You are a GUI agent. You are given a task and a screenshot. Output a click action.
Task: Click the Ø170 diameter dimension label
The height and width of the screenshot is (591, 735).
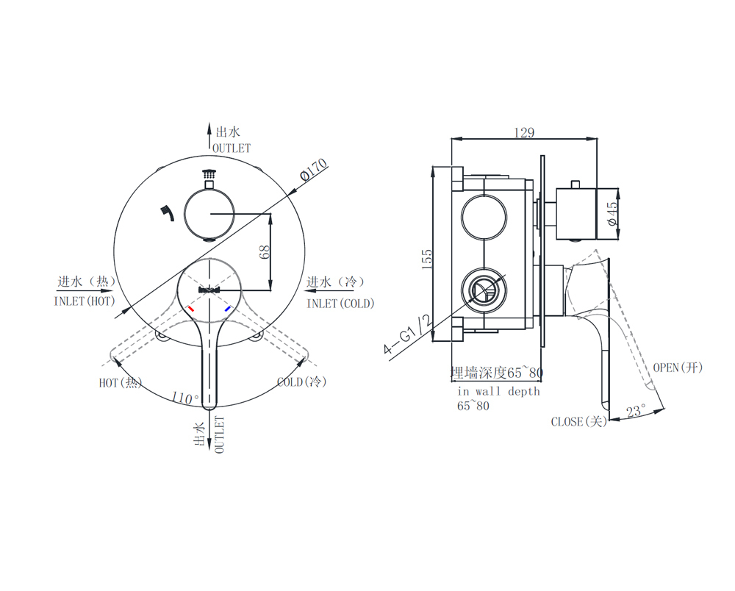coord(314,169)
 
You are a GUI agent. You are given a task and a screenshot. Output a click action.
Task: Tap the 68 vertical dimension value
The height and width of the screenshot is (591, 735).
coord(265,251)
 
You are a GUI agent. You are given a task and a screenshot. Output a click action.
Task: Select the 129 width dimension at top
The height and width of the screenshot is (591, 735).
coord(523,132)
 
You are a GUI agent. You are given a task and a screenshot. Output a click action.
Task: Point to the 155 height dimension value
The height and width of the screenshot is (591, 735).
coord(427,259)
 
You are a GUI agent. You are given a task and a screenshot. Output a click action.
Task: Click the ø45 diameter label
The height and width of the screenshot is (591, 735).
coord(612,214)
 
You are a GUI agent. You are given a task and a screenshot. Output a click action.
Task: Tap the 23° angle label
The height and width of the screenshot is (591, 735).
coord(636,411)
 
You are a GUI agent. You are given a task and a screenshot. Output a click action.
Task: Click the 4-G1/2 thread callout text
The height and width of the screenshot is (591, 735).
coord(407,334)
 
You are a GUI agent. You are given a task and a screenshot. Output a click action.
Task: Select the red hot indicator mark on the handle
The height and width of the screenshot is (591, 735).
coord(190,309)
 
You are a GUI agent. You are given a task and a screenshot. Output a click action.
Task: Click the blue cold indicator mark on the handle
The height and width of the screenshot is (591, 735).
coord(228,309)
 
